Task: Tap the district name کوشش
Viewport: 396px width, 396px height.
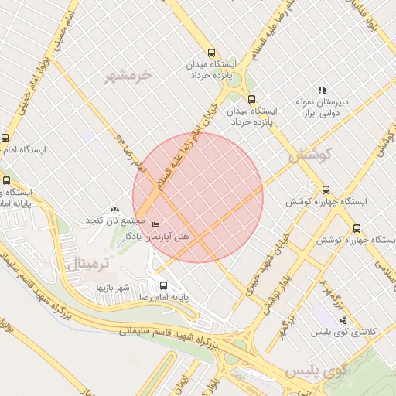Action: coord(310,155)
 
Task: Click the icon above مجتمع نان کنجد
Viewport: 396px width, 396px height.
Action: coord(115,209)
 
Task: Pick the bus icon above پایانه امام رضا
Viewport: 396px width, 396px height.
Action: coord(162,285)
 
